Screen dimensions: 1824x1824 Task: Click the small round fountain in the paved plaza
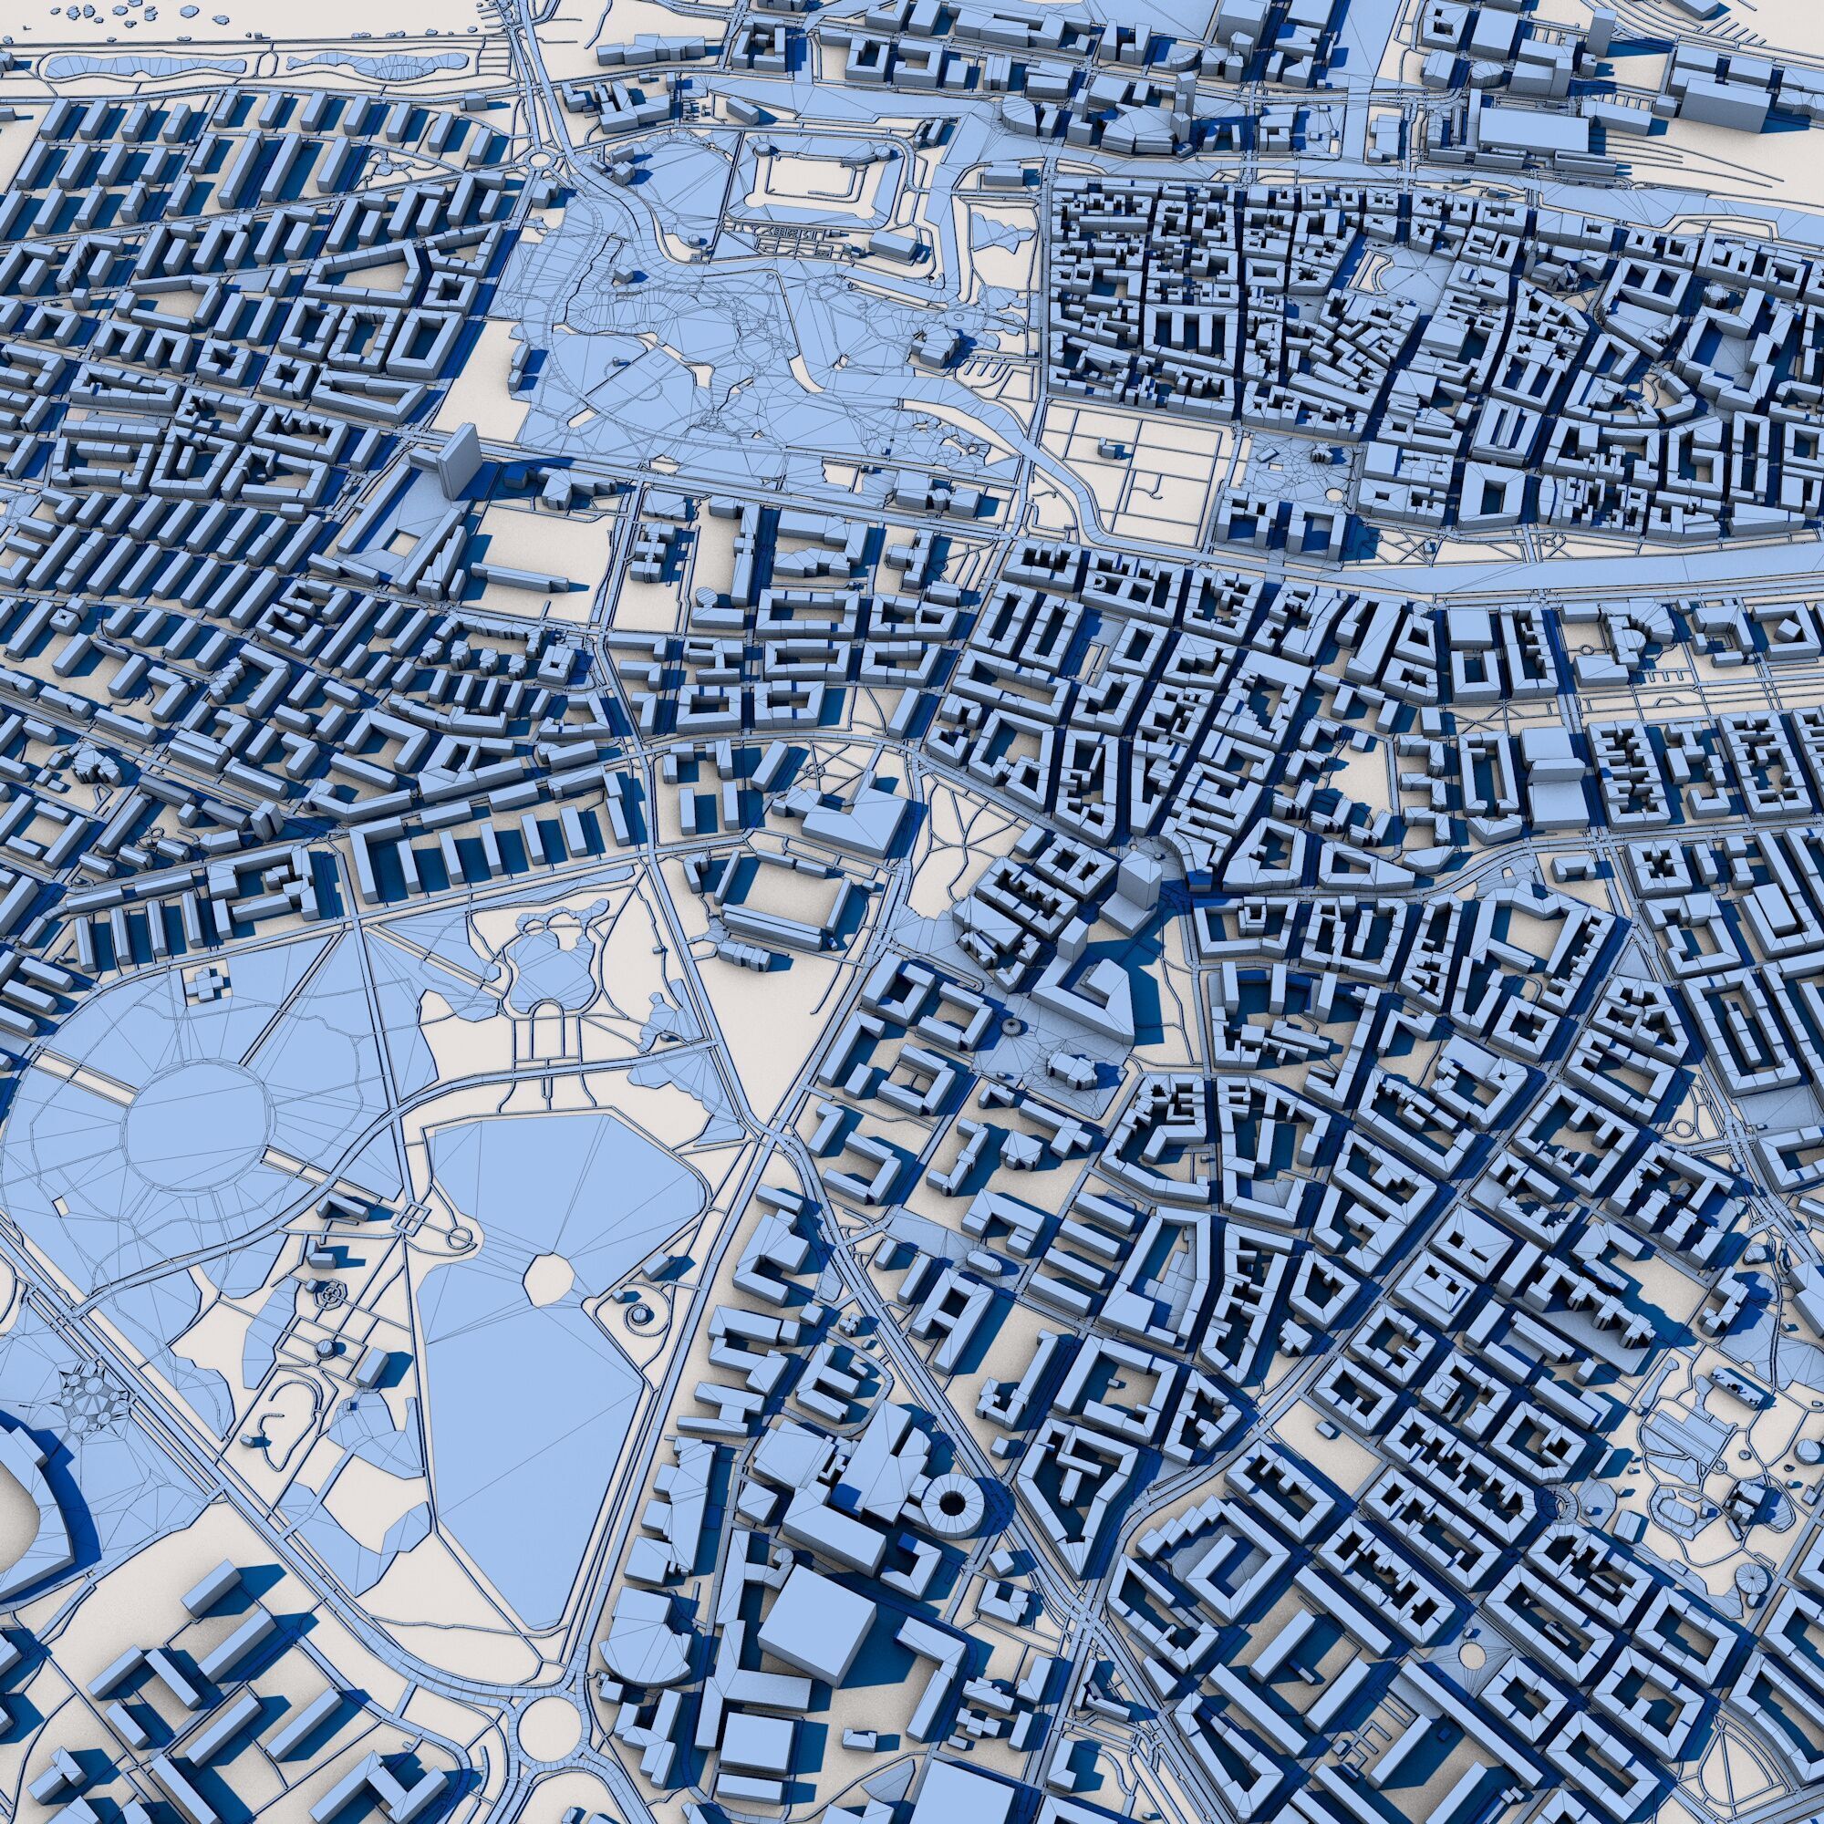pos(1011,1024)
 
